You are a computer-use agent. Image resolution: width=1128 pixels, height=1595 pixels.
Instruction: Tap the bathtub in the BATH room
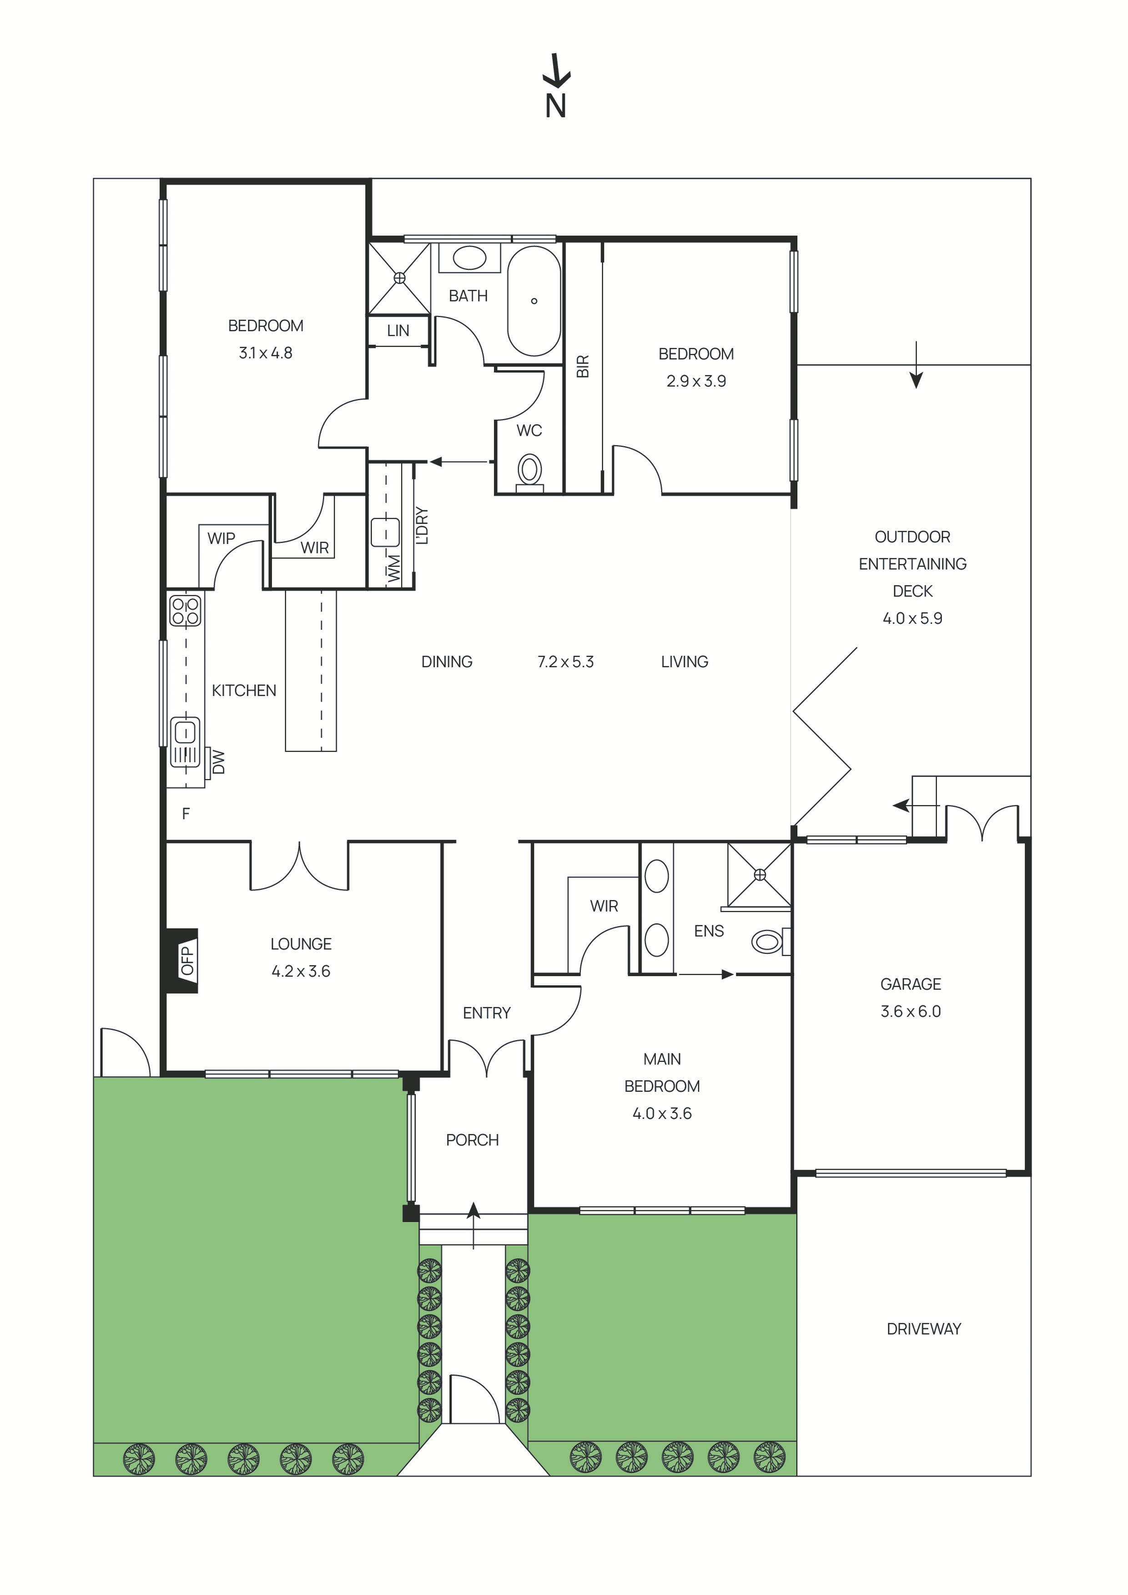[x=534, y=301]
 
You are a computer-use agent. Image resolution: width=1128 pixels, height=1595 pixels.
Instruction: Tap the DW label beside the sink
[x=219, y=761]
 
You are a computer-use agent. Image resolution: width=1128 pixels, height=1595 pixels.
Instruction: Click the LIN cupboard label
[x=398, y=331]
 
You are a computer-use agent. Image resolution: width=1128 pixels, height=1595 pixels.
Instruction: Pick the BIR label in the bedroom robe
[x=583, y=366]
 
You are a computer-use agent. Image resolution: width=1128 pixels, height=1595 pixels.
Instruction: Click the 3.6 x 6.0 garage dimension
[x=911, y=1011]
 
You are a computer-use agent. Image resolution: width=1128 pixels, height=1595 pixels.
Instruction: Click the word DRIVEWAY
[x=924, y=1329]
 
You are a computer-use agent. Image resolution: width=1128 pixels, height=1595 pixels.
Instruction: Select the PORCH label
[x=472, y=1140]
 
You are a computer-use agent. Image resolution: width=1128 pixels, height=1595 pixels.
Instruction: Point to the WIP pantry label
[x=221, y=538]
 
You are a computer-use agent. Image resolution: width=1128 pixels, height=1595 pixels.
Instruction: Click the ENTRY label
[x=486, y=1013]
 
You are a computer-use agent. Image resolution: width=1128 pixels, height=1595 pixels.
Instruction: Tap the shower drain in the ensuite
[x=759, y=875]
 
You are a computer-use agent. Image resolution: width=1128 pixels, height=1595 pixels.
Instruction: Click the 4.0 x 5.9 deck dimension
[x=912, y=618]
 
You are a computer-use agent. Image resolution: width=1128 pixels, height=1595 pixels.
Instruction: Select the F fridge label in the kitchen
[x=186, y=814]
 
